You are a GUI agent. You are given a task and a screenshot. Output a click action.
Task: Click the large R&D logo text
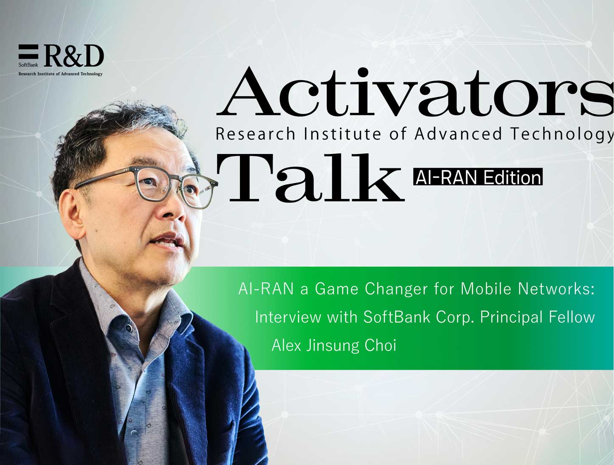tap(74, 56)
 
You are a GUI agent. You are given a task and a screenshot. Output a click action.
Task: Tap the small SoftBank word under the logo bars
tap(28, 65)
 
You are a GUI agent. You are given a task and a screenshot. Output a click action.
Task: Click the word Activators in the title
tap(415, 92)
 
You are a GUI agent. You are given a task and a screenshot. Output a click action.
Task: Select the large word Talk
tap(310, 178)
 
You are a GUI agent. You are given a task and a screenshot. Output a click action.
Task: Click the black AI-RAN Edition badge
tap(478, 177)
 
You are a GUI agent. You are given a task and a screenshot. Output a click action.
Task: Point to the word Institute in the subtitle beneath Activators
tap(342, 134)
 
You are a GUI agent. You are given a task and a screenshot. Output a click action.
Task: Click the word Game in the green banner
tap(337, 289)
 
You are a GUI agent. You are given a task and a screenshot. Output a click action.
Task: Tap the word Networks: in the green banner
tap(556, 289)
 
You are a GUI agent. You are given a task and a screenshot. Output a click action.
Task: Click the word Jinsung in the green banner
tap(333, 346)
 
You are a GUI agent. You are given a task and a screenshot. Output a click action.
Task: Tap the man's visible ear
tap(73, 215)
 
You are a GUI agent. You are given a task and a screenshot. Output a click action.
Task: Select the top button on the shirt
tap(129, 328)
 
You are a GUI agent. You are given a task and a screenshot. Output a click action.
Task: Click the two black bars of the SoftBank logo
tap(28, 52)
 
